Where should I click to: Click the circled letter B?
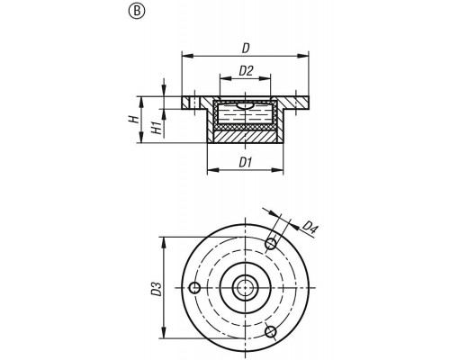coord(137,12)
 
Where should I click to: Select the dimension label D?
coord(246,49)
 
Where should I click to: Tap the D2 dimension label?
coord(246,71)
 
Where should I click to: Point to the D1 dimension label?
coord(245,163)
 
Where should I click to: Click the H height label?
coord(134,120)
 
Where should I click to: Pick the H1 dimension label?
coord(157,128)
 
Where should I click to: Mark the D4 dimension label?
coord(310,227)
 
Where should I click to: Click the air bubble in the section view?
coord(244,105)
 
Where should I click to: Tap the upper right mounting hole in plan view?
coord(271,244)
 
